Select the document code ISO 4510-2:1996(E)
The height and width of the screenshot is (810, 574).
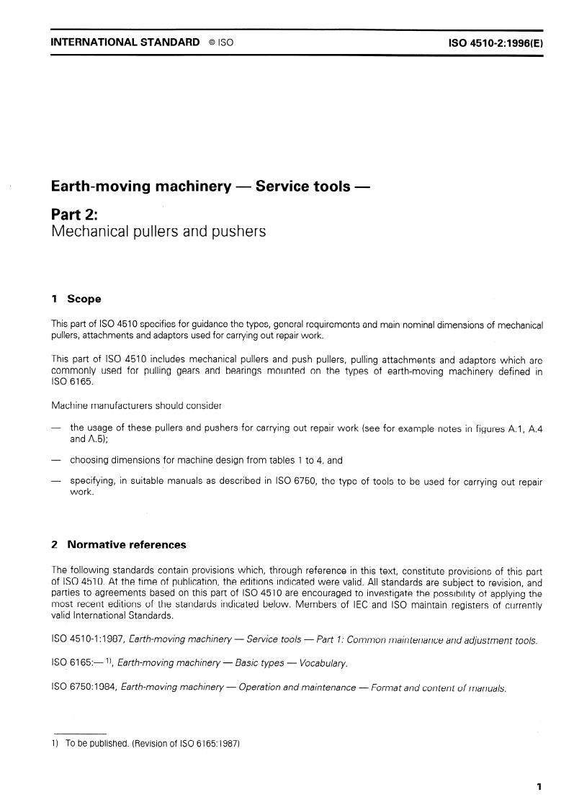click(495, 42)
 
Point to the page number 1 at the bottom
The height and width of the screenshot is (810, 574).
click(538, 787)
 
